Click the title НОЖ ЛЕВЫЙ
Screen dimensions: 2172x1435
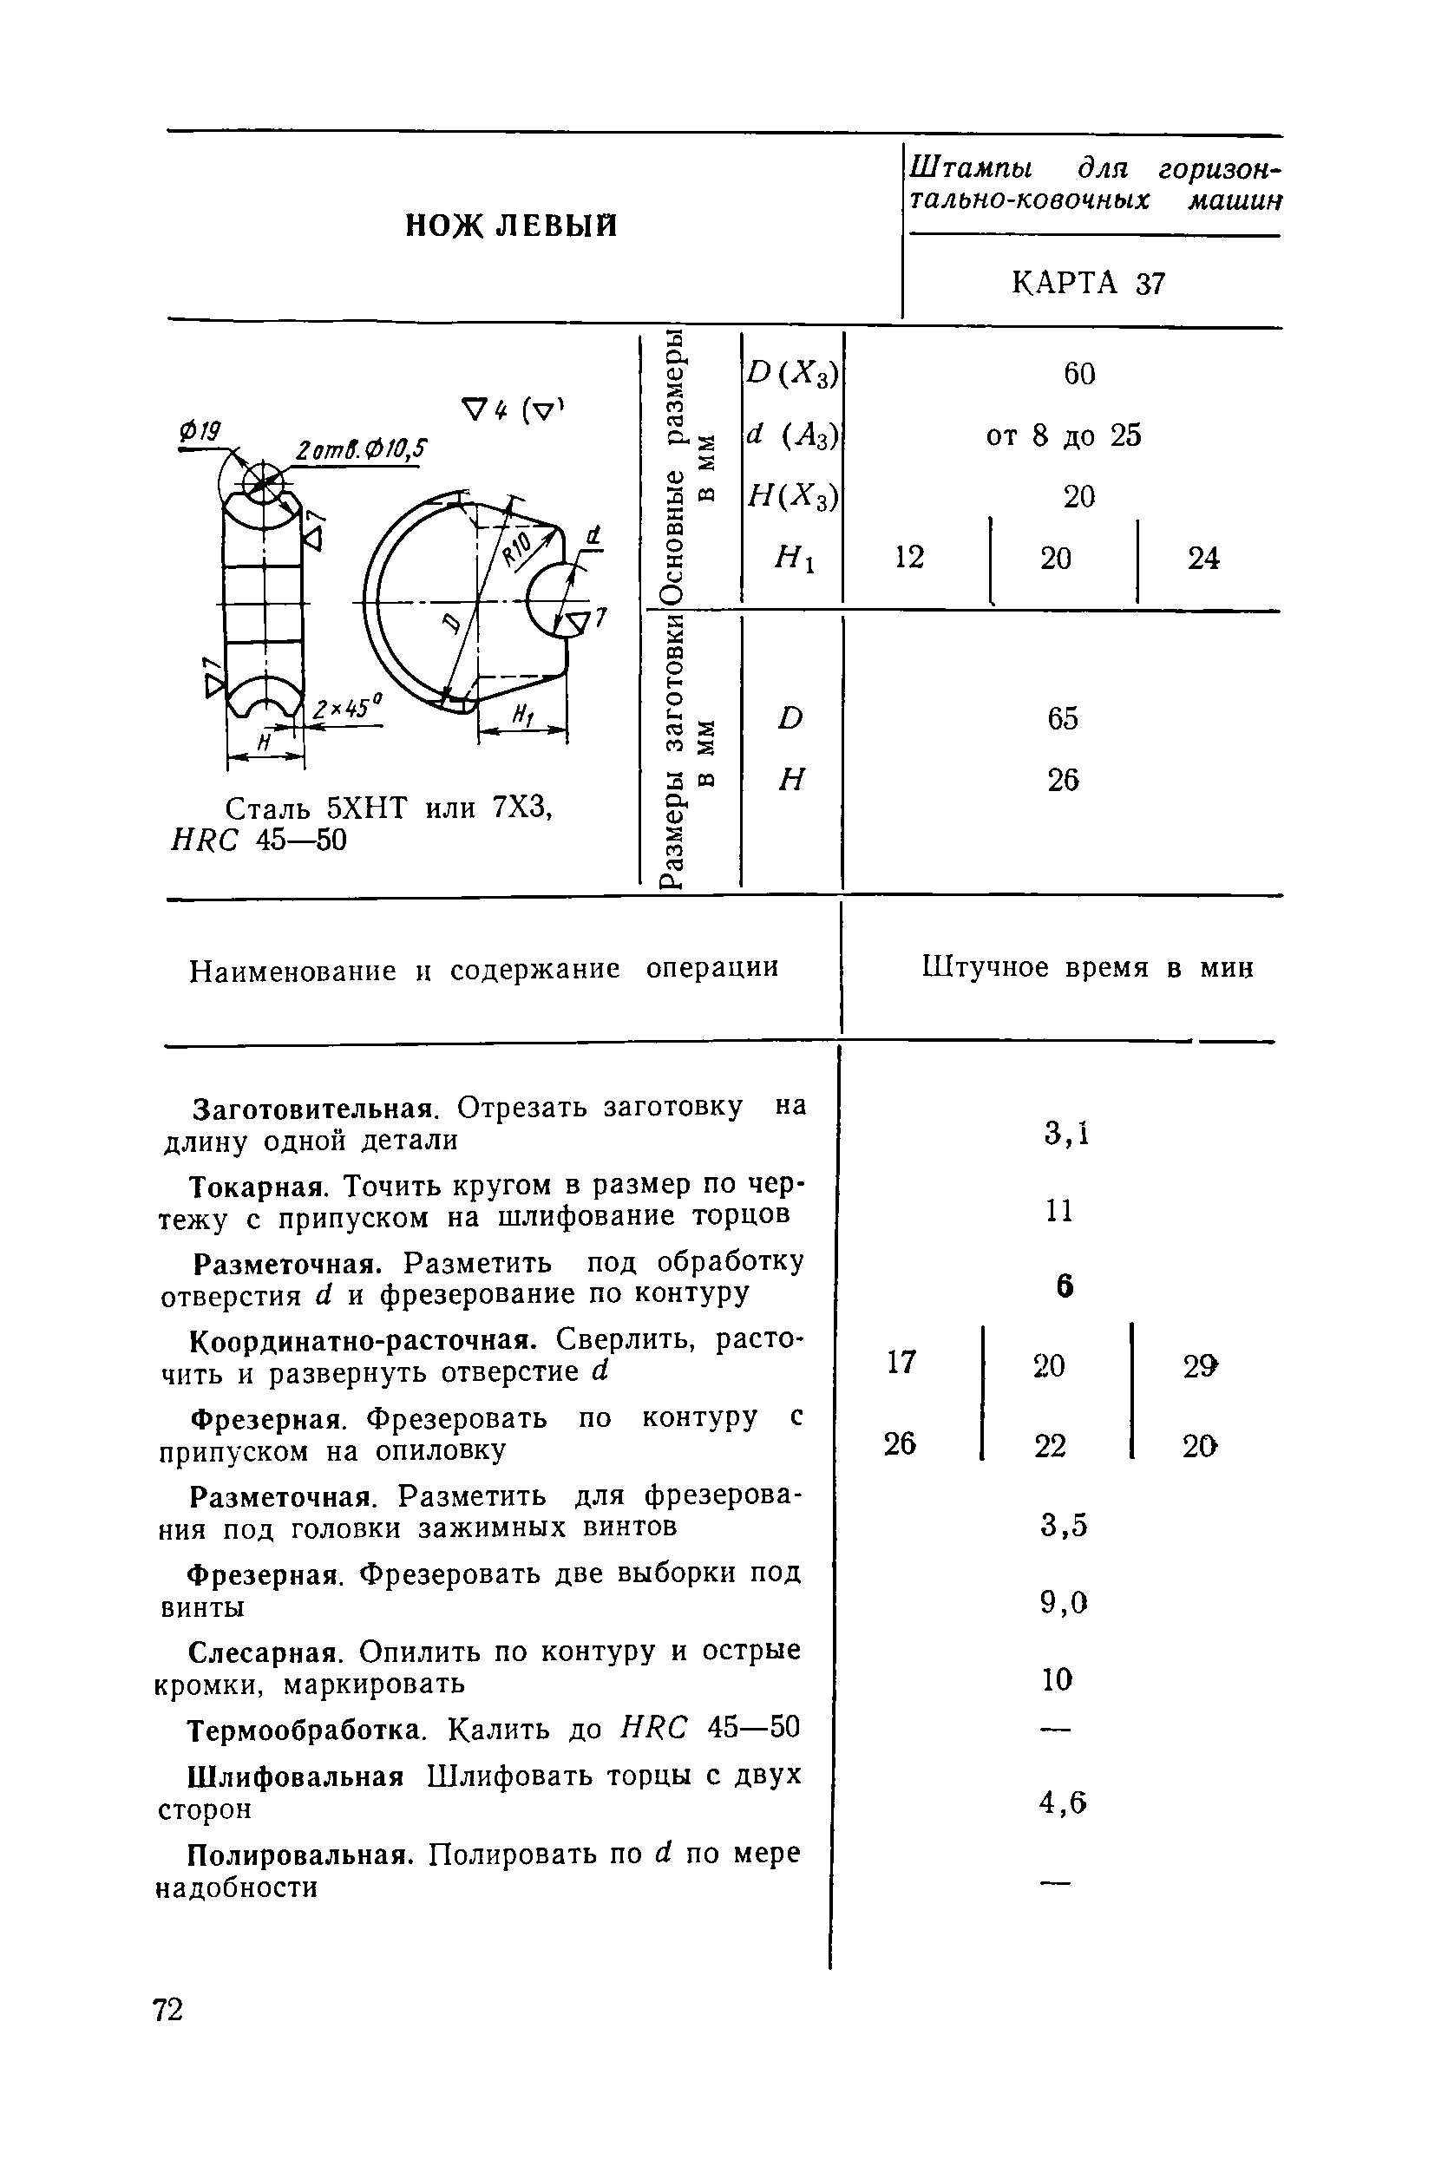click(x=511, y=225)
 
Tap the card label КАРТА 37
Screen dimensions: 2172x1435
click(x=1088, y=284)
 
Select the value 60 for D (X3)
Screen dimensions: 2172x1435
click(x=1079, y=373)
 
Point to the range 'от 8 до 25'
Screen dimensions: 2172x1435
click(x=1064, y=435)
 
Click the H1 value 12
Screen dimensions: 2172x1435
click(x=908, y=557)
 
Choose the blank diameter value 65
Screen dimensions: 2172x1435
click(x=1064, y=718)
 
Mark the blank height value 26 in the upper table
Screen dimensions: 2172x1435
click(x=1064, y=780)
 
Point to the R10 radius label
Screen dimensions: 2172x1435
click(x=518, y=548)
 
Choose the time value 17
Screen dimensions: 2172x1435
click(x=901, y=1363)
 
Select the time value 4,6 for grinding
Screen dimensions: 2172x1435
click(x=1063, y=1802)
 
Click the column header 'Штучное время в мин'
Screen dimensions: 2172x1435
click(x=1087, y=967)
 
